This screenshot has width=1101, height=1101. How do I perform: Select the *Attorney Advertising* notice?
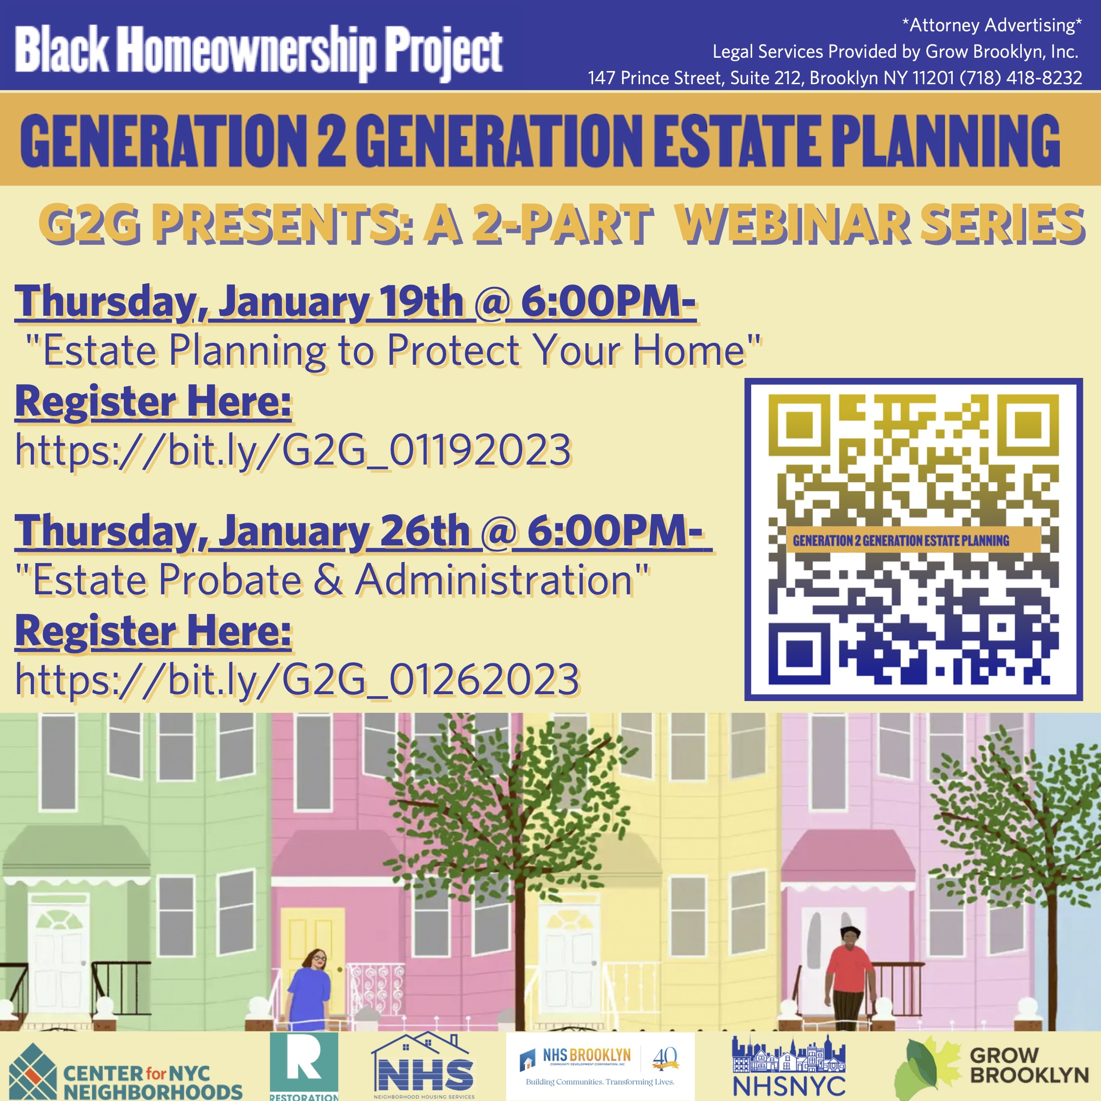coord(991,25)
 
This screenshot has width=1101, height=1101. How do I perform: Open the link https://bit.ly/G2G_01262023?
coord(297,679)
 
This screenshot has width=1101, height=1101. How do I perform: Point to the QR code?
coord(914,539)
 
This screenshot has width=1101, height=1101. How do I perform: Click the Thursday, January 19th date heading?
coord(356,302)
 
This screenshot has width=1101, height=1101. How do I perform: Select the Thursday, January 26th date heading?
coord(364,531)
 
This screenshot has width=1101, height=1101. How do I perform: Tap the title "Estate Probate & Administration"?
coord(333,580)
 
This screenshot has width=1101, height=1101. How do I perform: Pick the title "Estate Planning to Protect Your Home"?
coord(394,351)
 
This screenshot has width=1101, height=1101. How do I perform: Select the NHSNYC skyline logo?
coord(788,1066)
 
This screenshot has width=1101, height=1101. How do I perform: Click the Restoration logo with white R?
coord(304,1066)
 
